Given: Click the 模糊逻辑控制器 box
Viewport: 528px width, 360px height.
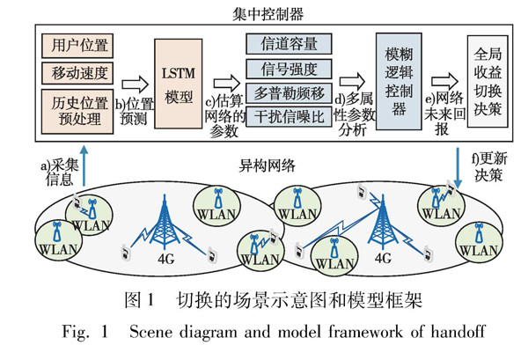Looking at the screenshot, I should pos(393,77).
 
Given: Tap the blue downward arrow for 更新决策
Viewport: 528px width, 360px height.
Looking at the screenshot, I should pos(461,162).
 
